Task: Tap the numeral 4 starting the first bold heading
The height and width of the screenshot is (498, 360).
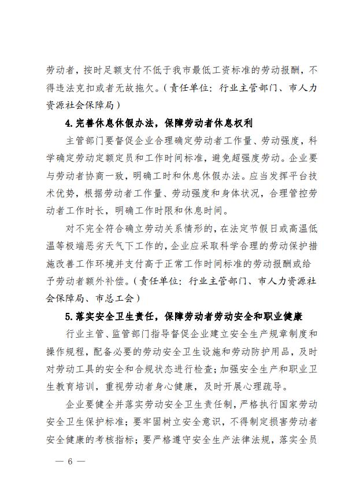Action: tap(69, 123)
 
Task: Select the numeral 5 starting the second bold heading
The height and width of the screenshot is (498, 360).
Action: tap(69, 316)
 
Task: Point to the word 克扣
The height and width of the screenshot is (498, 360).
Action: tap(88, 88)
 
